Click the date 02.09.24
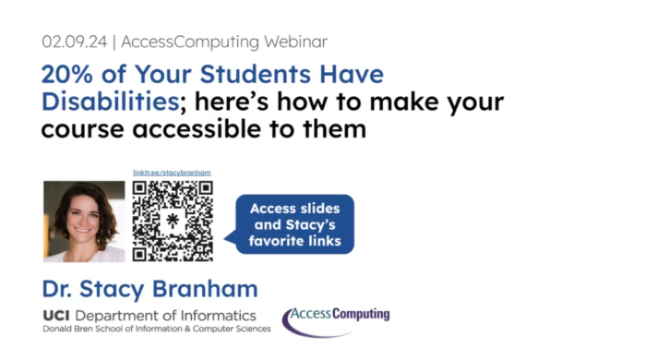pyautogui.click(x=74, y=42)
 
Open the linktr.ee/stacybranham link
pyautogui.click(x=173, y=172)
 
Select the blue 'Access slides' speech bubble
pyautogui.click(x=294, y=224)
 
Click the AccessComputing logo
pyautogui.click(x=336, y=318)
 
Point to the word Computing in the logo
pyautogui.click(x=360, y=315)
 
